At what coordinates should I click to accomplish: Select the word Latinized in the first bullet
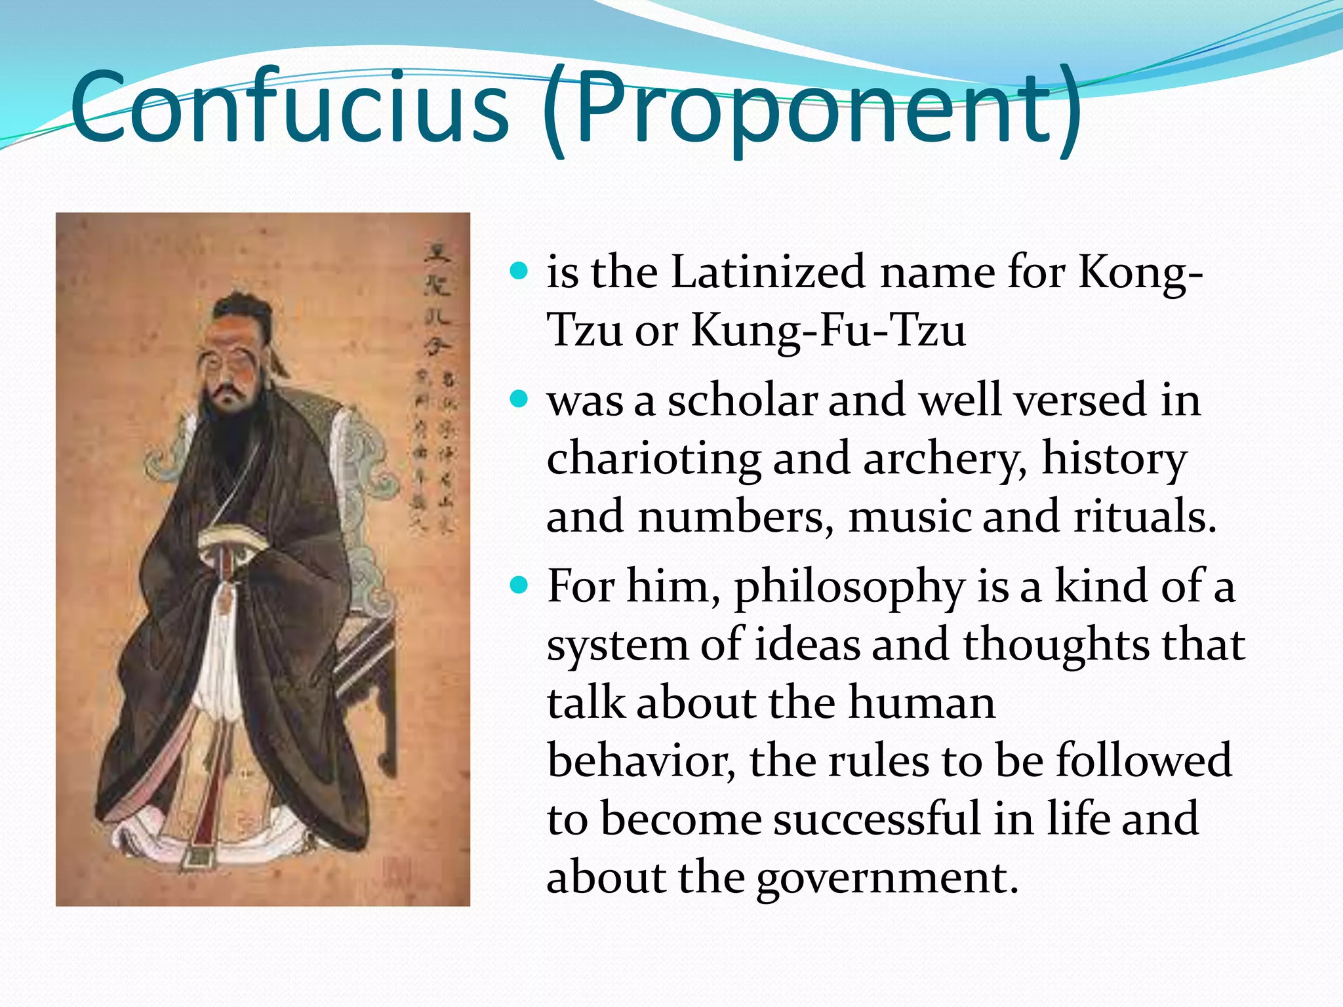767,271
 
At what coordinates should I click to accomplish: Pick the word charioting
653,459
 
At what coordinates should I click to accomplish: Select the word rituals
1144,517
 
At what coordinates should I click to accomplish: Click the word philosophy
849,587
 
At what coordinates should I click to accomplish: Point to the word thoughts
1056,644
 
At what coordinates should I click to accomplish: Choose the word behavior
640,760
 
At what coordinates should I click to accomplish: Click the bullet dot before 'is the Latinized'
519,271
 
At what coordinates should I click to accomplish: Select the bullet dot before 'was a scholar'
519,399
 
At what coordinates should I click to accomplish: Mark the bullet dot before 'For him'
519,585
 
